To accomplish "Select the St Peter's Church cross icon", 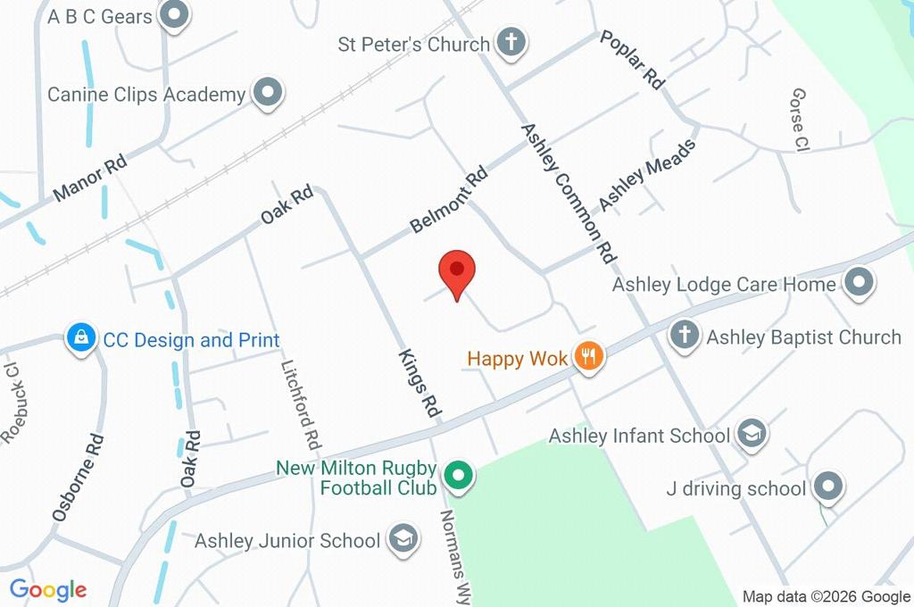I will coord(511,43).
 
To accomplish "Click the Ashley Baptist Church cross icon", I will coord(685,337).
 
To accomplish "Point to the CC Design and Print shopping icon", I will coord(81,339).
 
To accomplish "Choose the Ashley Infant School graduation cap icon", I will coord(752,436).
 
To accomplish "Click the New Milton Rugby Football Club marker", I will coord(459,478).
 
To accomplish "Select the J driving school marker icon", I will coord(829,488).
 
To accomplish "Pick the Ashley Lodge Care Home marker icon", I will coord(859,284).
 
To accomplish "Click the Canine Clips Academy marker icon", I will coord(266,94).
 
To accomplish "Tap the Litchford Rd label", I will coord(300,404).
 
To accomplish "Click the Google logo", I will coord(48,590).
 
